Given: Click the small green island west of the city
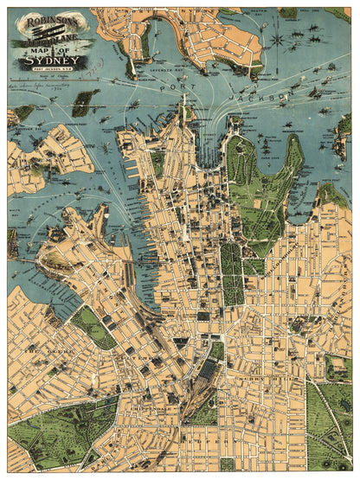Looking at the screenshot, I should pos(83,104).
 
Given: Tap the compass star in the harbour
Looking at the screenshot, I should pos(276,40).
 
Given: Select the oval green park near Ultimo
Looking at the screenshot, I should pos(93,327).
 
